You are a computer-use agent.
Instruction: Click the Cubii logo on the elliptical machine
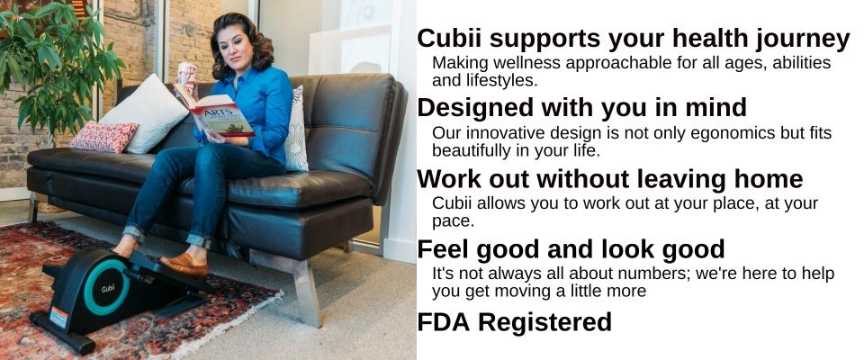[x=108, y=288]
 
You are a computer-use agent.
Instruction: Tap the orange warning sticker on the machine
[x=58, y=318]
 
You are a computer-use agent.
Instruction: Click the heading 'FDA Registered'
[x=515, y=322]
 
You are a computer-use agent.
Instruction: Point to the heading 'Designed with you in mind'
[x=582, y=107]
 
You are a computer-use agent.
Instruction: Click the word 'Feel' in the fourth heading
[x=443, y=249]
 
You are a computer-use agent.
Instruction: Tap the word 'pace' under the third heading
[x=451, y=222]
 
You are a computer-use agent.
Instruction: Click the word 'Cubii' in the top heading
[x=450, y=39]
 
